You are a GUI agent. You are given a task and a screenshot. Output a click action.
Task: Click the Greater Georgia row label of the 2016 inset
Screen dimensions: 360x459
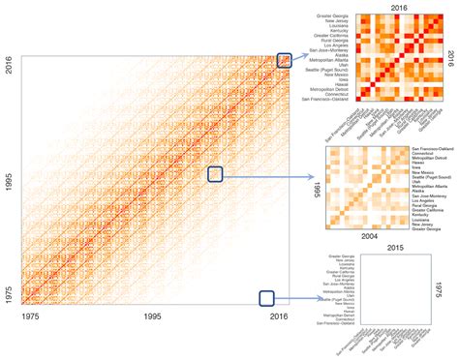334,16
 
